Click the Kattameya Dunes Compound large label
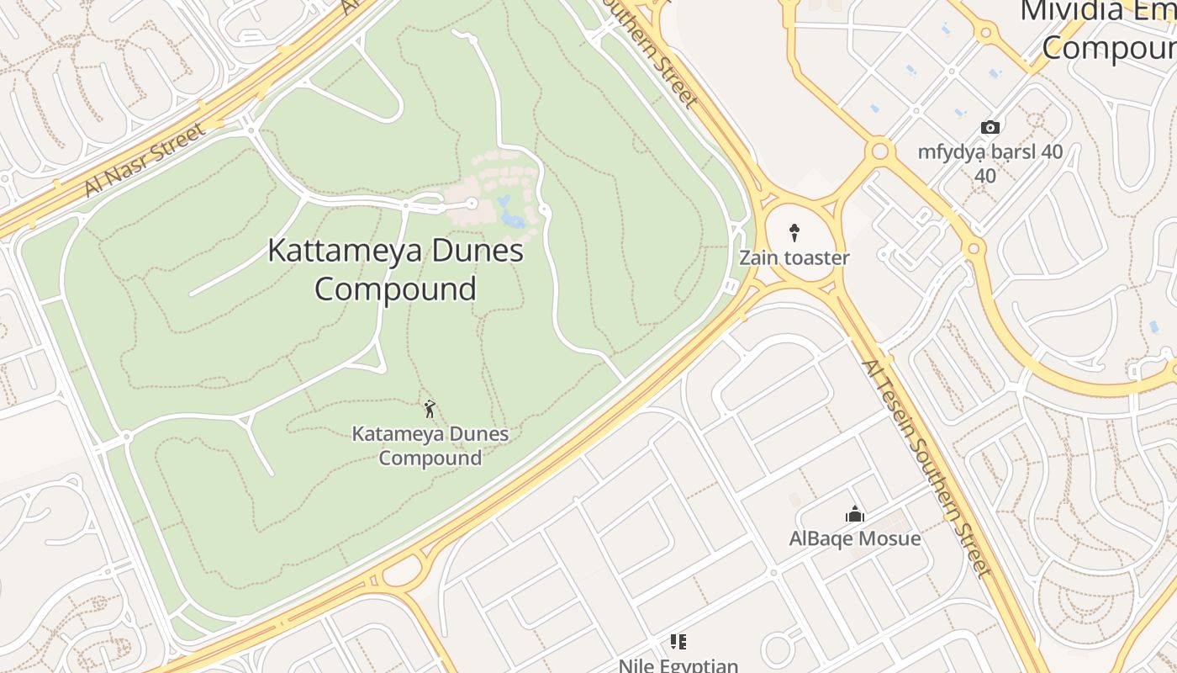coord(395,269)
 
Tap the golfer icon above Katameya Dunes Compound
coord(430,409)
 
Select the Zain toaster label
coord(794,257)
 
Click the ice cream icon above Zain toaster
coord(794,232)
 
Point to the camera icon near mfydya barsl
coord(990,128)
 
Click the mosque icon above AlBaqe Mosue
coord(855,514)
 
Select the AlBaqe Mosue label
coord(855,538)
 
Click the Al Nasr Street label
coord(145,159)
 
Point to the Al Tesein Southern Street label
coord(925,467)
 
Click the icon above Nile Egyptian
coord(678,642)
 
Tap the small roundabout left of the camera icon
coord(880,151)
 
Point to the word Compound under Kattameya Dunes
coord(395,289)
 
